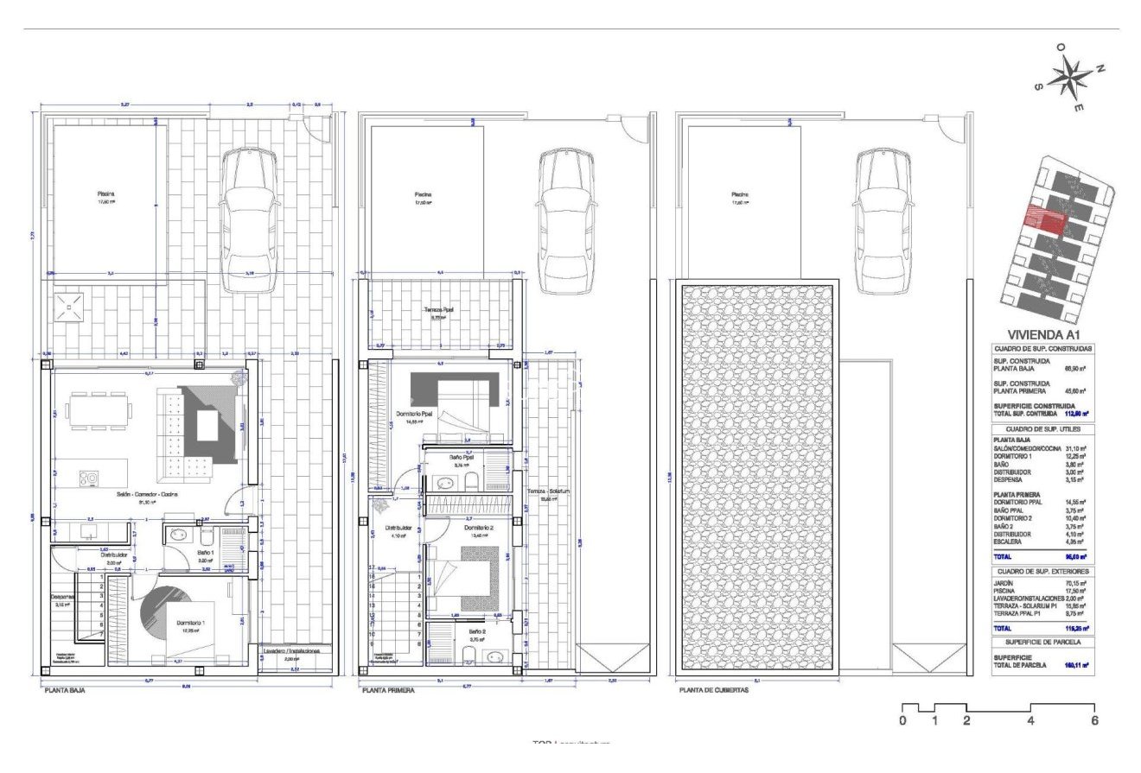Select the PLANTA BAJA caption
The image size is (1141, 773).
(65, 691)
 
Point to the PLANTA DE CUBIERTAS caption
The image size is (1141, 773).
(713, 691)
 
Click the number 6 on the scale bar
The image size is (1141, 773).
(1094, 720)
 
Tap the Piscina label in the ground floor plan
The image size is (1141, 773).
(105, 194)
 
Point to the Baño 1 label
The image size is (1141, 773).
(205, 552)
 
